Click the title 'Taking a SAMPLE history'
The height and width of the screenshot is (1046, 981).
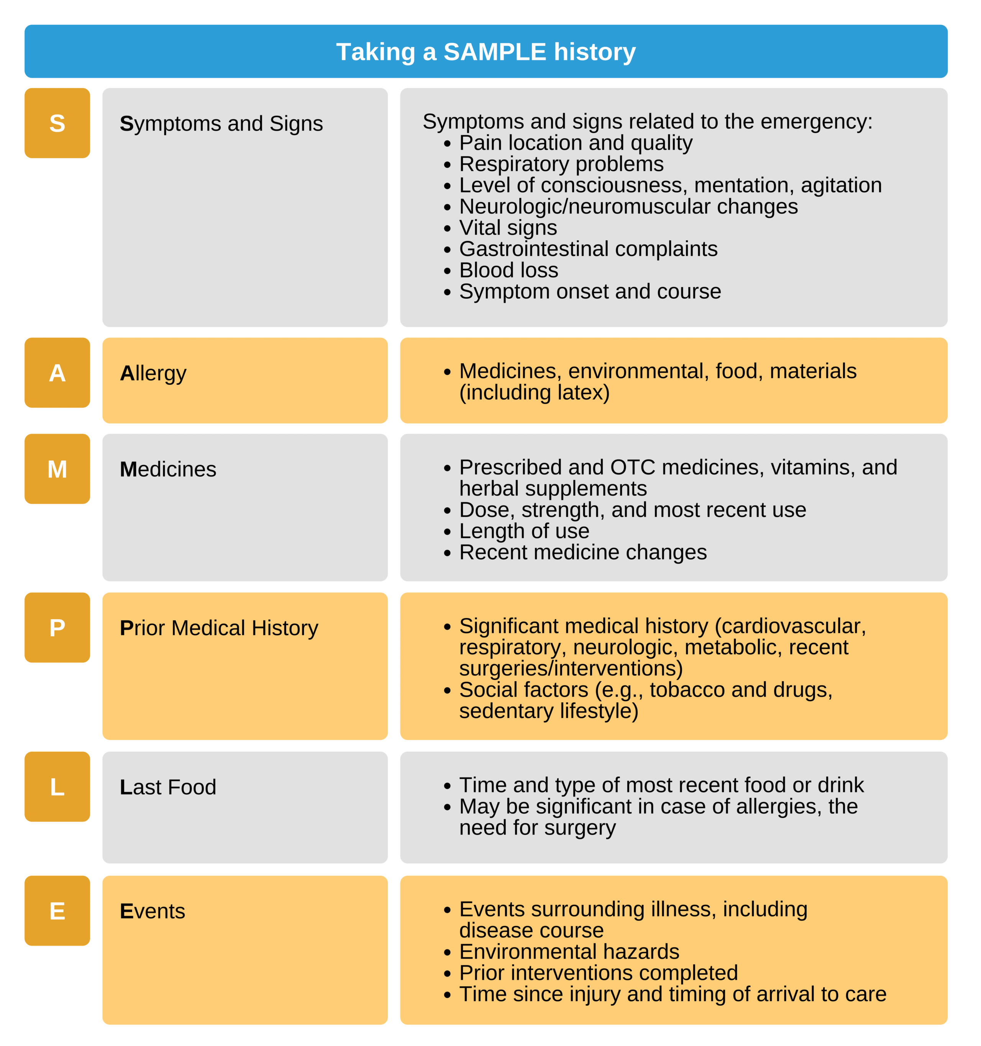pos(486,52)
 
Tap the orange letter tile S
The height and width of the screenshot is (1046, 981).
pos(57,123)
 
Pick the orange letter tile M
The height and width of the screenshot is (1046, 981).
pos(57,469)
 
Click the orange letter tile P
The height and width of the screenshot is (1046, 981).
pos(57,628)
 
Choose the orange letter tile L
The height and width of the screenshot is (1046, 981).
pos(57,787)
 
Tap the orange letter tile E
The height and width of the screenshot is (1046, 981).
pos(57,911)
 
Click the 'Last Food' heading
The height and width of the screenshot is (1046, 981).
pos(168,787)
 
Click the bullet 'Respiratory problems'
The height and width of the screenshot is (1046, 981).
pos(561,164)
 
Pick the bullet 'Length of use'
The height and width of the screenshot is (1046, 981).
pos(524,531)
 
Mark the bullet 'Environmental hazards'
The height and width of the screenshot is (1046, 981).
pos(569,952)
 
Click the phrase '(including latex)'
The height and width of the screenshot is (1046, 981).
pos(534,392)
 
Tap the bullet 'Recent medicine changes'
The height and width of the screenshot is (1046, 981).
pos(582,553)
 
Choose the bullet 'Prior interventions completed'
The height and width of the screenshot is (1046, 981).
pos(599,973)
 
